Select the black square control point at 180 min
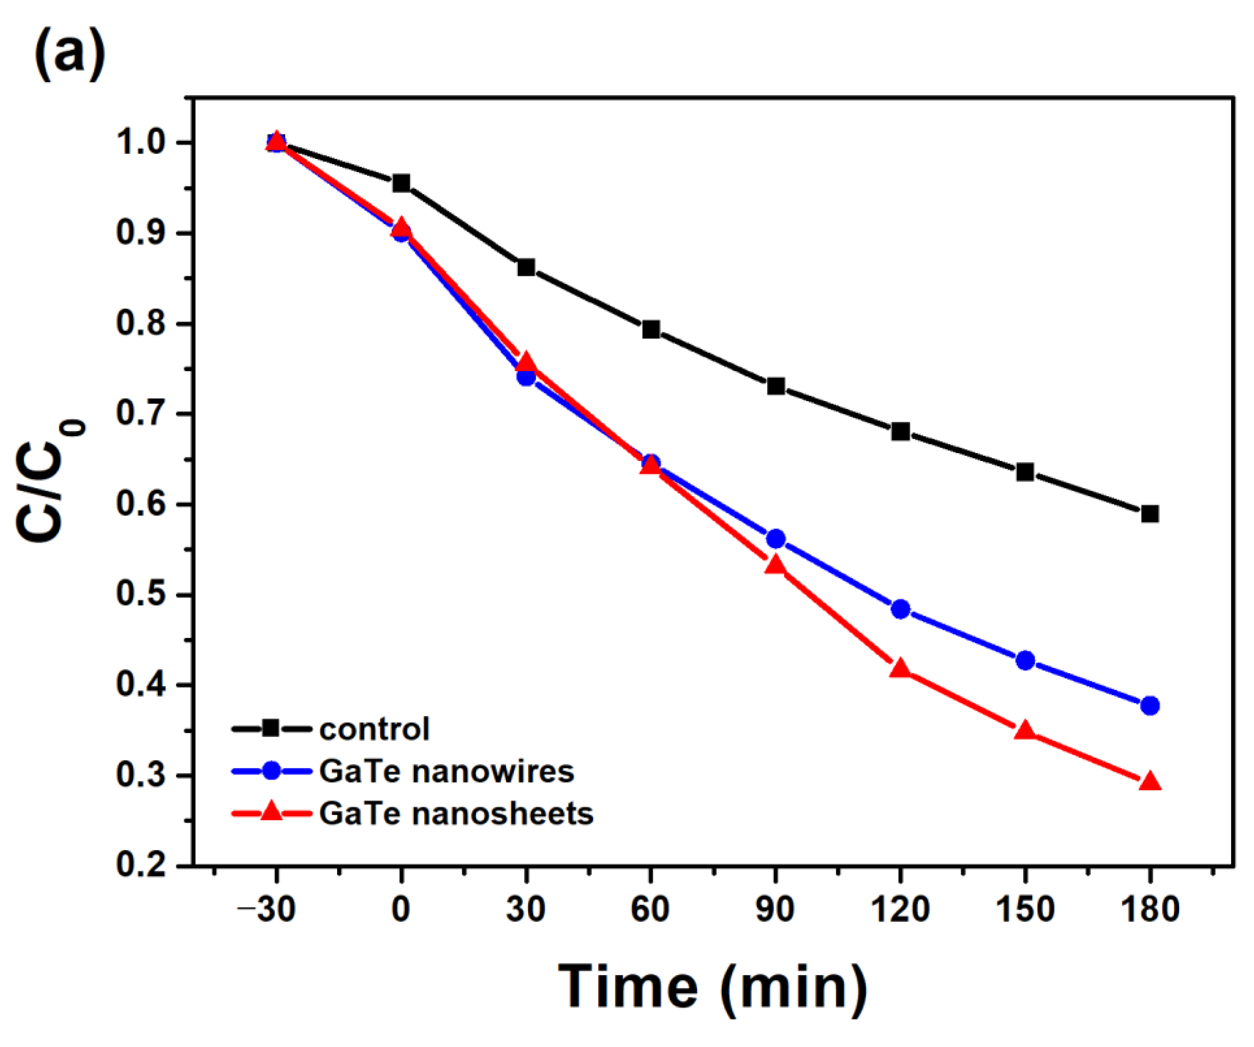pos(1150,514)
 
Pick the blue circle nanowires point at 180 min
pos(1150,706)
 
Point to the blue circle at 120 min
pos(900,609)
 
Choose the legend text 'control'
pos(374,729)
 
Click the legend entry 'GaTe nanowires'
pos(446,771)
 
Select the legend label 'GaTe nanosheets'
pos(456,814)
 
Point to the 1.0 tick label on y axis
pos(141,143)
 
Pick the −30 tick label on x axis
pos(267,910)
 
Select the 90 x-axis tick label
pos(775,910)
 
